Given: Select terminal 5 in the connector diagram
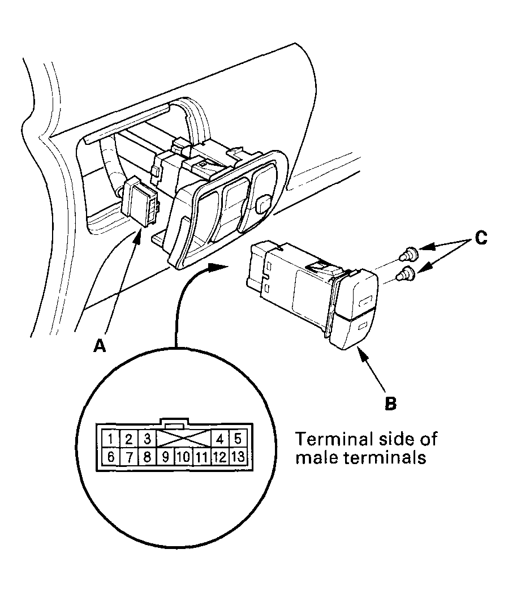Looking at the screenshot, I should pyautogui.click(x=238, y=439).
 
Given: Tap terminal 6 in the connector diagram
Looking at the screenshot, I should pyautogui.click(x=111, y=456).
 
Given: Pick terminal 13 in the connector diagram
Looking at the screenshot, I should pyautogui.click(x=238, y=456).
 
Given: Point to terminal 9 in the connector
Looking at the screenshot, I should pyautogui.click(x=165, y=456).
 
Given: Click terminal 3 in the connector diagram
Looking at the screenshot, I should pyautogui.click(x=147, y=439).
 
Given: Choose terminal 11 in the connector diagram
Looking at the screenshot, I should pyautogui.click(x=201, y=456).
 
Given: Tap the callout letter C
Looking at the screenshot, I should pyautogui.click(x=480, y=238).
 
